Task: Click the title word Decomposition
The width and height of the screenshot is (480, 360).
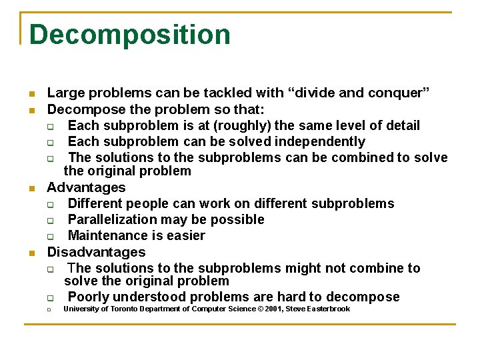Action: coord(130,35)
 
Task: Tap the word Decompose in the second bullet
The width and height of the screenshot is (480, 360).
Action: coord(78,109)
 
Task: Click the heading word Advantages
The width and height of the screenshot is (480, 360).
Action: coord(86,187)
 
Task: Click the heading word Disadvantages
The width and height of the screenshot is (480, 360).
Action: coord(96,252)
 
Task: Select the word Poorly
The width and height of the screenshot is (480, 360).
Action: coord(88,297)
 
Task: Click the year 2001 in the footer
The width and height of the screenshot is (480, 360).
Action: coord(271,309)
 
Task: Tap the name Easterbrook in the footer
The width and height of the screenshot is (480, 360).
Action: coord(327,309)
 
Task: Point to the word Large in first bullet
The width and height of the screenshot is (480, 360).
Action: coord(62,93)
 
